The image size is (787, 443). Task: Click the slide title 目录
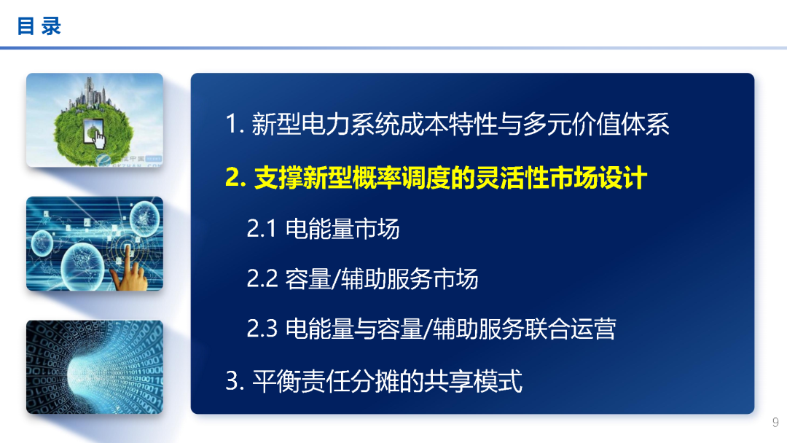pyautogui.click(x=39, y=27)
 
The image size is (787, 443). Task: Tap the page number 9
pyautogui.click(x=775, y=423)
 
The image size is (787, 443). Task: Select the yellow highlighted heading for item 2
pyautogui.click(x=436, y=178)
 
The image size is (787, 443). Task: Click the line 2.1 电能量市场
pyautogui.click(x=323, y=229)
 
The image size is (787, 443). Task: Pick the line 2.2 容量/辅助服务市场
pyautogui.click(x=362, y=278)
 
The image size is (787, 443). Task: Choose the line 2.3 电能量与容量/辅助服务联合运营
pyautogui.click(x=431, y=329)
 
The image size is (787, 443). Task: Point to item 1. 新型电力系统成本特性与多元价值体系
pyautogui.click(x=447, y=125)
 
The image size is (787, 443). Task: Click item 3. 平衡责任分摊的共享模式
pyautogui.click(x=374, y=381)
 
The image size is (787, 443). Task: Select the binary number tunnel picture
pyautogui.click(x=95, y=367)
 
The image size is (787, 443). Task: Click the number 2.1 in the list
pyautogui.click(x=261, y=229)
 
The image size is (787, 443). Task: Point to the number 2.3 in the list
pyautogui.click(x=262, y=329)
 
